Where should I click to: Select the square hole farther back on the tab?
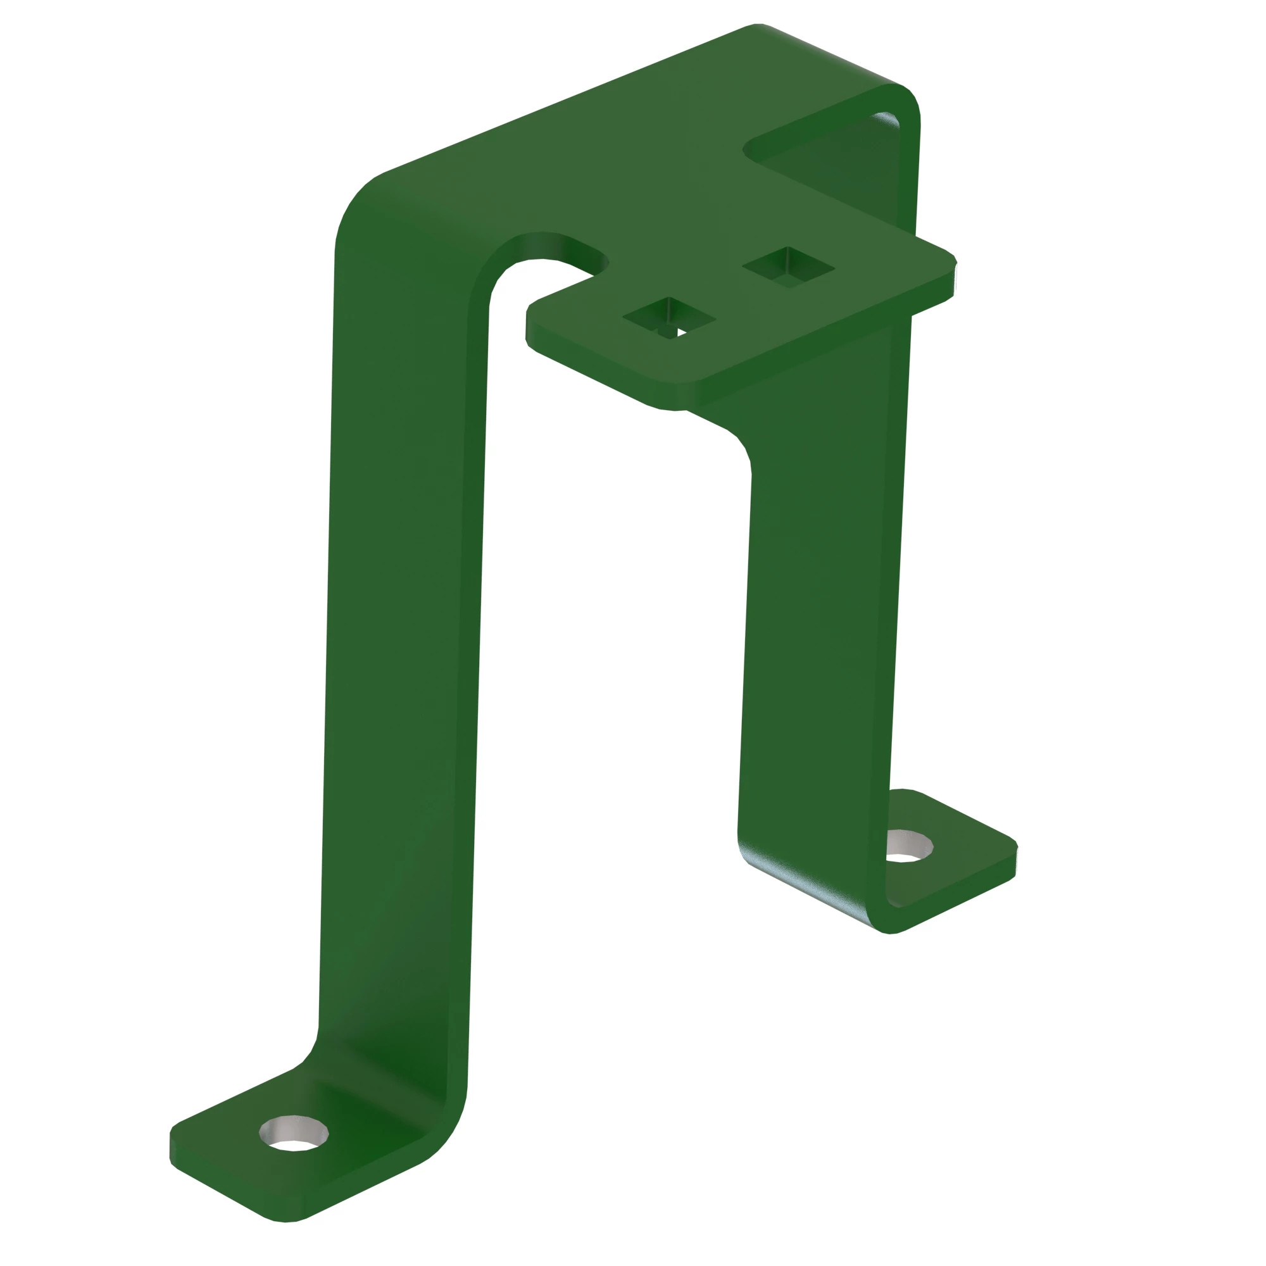tap(787, 267)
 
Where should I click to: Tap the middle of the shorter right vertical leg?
tap(819, 622)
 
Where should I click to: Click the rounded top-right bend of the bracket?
tap(908, 105)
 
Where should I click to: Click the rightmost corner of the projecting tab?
tap(953, 262)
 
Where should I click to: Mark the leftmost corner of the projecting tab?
tap(529, 311)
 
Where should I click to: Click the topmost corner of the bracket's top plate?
tap(757, 26)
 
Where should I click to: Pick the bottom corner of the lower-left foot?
tap(285, 1219)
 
